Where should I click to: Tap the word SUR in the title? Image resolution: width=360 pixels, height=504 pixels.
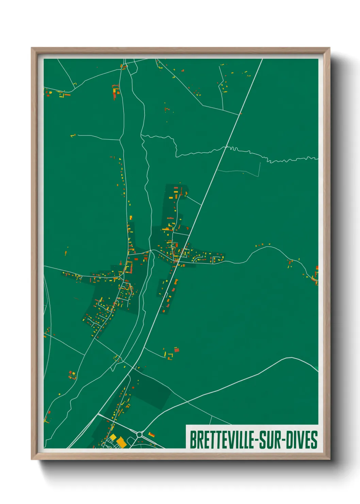pyautogui.click(x=270, y=440)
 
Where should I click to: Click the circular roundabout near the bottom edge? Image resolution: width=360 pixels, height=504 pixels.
pyautogui.click(x=140, y=435)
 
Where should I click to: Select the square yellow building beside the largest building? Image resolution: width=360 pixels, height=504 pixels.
pyautogui.click(x=113, y=437)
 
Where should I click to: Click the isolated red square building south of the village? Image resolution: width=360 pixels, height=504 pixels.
pyautogui.click(x=176, y=349)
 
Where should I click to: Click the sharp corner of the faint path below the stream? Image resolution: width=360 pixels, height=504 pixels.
pyautogui.click(x=259, y=176)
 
